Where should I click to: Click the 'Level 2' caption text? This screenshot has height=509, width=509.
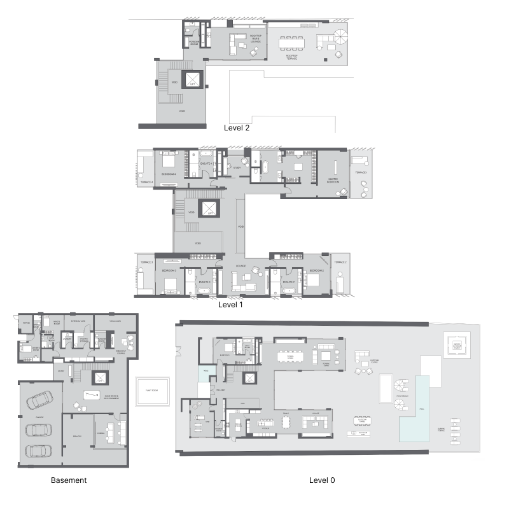click(x=237, y=127)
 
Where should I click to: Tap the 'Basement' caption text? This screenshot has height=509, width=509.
click(x=69, y=480)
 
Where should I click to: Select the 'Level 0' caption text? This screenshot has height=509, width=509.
click(x=322, y=480)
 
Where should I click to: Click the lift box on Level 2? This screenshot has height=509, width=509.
click(x=192, y=80)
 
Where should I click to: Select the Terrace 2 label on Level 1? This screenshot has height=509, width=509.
click(x=340, y=262)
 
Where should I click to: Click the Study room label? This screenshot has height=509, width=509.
click(x=237, y=168)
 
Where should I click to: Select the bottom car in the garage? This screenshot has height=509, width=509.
click(x=38, y=451)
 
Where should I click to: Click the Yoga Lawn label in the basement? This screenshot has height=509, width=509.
click(x=115, y=322)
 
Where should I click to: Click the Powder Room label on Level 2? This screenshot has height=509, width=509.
click(x=195, y=43)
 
